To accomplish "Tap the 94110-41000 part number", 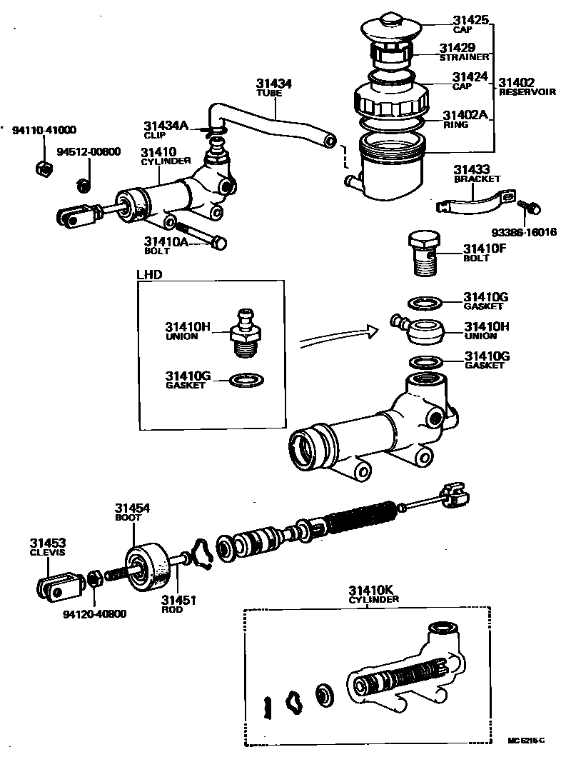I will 44,131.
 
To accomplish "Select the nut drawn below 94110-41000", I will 41,169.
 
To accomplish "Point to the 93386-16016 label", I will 524,232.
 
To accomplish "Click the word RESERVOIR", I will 527,92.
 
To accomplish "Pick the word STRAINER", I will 465,57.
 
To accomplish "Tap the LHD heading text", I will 149,274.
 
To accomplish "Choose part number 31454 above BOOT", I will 133,508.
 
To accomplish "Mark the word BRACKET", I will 477,179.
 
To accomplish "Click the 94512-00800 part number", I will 89,151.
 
